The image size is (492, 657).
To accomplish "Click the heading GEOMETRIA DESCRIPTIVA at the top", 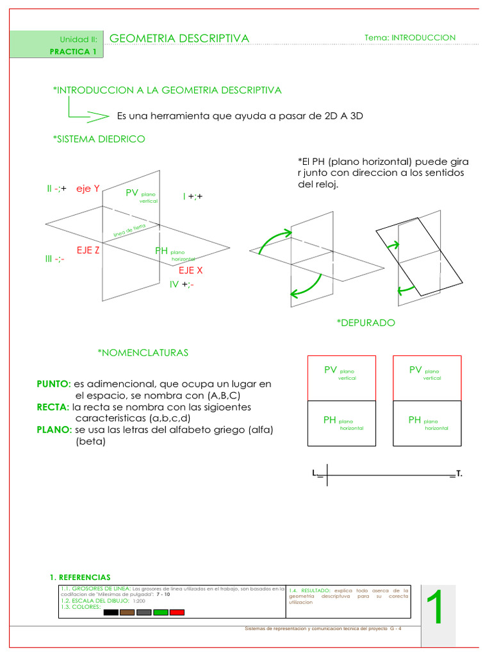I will (179, 38).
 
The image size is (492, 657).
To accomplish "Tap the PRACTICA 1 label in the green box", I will (77, 52).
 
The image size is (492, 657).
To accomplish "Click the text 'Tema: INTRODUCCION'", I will (410, 38).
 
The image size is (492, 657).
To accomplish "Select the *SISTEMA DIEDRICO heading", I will (99, 139).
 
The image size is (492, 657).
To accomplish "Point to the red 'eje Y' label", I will (88, 189).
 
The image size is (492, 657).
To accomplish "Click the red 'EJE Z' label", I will (88, 250).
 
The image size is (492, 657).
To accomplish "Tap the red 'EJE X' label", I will (191, 270).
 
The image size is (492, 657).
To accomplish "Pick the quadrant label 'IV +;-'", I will (182, 284).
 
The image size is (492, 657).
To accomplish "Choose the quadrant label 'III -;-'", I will (54, 259).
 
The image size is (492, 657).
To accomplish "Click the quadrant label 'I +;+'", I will (192, 196).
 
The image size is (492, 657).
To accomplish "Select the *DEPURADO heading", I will (366, 323).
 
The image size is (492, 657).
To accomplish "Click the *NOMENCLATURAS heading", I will (143, 353).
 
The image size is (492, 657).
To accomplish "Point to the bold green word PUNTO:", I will (54, 384).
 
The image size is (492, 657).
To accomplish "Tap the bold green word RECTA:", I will (53, 407).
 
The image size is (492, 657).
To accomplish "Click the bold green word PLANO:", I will (54, 430).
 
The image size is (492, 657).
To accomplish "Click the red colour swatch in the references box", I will (177, 613).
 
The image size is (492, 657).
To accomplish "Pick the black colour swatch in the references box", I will (111, 613).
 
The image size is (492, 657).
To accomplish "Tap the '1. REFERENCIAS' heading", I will (80, 577).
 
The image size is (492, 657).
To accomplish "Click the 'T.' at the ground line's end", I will (459, 474).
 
